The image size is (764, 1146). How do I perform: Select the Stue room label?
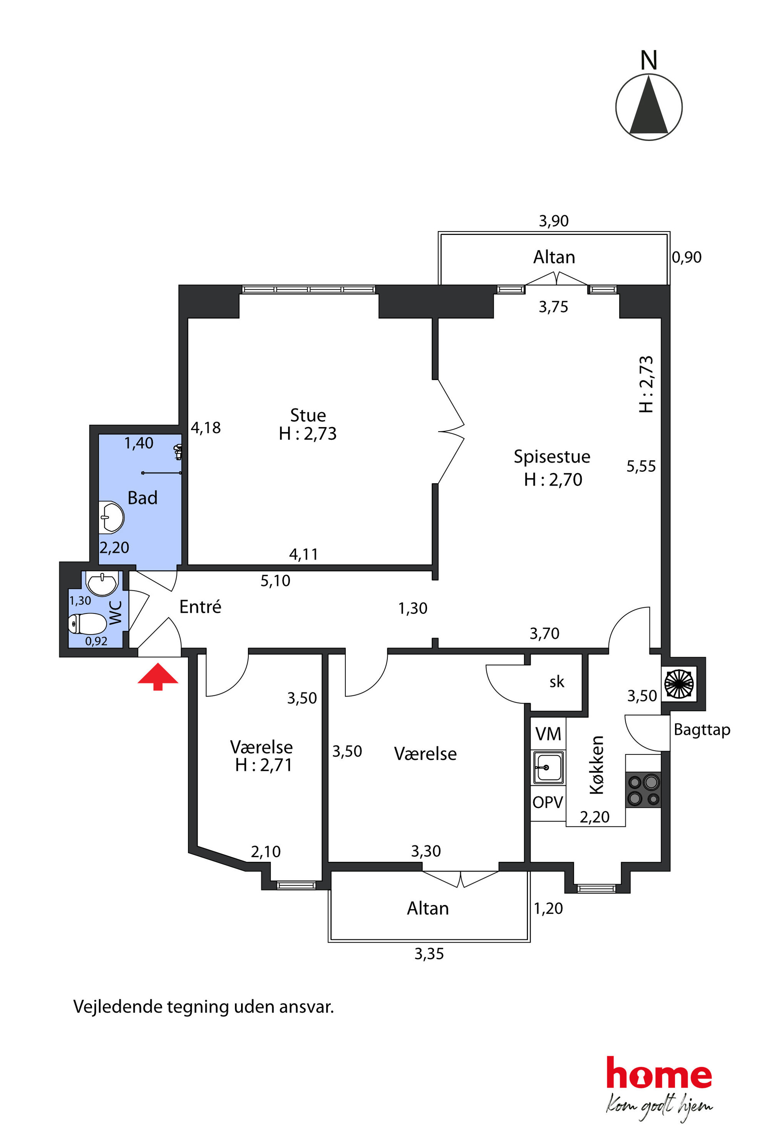[x=308, y=415]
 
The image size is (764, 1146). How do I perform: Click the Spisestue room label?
[x=552, y=457]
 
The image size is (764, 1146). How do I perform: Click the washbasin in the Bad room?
[x=112, y=517]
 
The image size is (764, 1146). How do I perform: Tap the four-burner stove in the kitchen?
[x=643, y=790]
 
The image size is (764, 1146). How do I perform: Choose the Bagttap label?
[x=702, y=730]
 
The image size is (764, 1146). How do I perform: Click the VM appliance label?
[x=548, y=734]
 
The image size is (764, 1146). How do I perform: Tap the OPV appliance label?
[x=548, y=802]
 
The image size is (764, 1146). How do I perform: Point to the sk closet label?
[x=557, y=682]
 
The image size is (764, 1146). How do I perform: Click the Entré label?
[x=200, y=607]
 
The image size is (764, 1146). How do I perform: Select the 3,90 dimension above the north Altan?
[x=553, y=221]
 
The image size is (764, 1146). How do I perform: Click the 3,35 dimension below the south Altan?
[x=429, y=954]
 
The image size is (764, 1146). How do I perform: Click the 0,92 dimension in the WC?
[x=96, y=641]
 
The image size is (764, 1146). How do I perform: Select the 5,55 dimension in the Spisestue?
[x=641, y=467]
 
